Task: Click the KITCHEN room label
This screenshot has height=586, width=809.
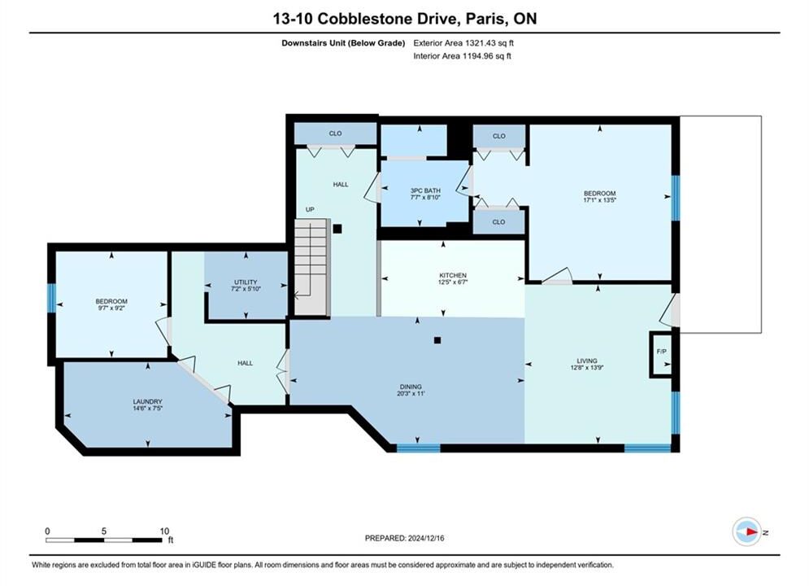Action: coord(453,275)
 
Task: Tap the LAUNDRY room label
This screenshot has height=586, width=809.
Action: coord(147,401)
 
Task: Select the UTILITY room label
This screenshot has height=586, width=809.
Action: coord(246,282)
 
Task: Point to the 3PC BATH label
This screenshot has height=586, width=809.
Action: coord(425,190)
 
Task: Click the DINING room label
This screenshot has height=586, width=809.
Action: coord(411,387)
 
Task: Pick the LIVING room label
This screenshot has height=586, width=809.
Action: coord(587,361)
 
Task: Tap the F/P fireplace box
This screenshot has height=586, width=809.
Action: coord(661,355)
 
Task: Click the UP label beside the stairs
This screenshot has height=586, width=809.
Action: coord(310,209)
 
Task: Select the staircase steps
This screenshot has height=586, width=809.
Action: coord(311,268)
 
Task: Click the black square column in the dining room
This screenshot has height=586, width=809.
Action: coord(437,340)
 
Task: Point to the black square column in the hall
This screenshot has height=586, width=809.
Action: coord(337,229)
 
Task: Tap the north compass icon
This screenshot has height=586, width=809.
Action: coord(746,531)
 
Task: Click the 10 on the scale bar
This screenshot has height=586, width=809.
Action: coord(164,531)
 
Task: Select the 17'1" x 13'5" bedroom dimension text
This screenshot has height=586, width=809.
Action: coord(599,199)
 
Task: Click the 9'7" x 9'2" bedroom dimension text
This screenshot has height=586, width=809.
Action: coord(111,308)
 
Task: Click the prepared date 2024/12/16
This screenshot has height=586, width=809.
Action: coord(426,538)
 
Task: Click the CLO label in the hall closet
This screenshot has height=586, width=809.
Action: coord(335,133)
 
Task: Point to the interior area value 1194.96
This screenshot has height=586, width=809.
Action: coord(476,56)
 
